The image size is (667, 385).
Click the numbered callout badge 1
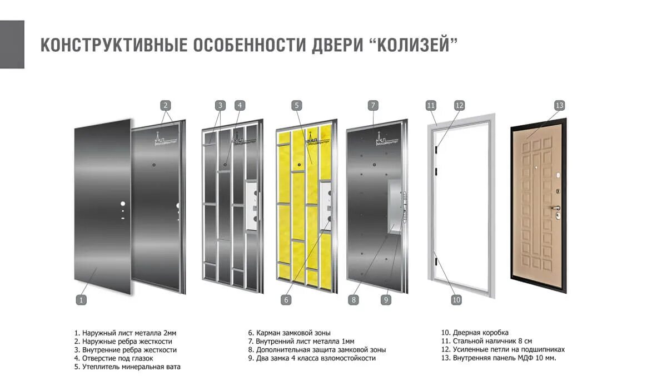[x=81, y=300]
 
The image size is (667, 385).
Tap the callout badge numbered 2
[x=166, y=105]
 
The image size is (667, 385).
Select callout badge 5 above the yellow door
[x=297, y=105]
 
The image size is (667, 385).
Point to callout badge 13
[x=559, y=105]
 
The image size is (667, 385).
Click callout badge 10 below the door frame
[x=456, y=300]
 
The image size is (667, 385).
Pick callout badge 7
[x=373, y=105]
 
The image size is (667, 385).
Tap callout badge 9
[x=386, y=300]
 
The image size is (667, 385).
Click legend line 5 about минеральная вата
[x=127, y=367]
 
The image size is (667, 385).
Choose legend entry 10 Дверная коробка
[x=475, y=333]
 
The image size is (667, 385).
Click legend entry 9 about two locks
[x=312, y=358]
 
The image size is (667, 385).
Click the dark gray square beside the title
[x=12, y=45]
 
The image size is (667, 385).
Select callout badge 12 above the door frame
[x=459, y=105]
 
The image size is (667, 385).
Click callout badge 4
[x=240, y=105]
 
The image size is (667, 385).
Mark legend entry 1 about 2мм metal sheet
[x=125, y=333]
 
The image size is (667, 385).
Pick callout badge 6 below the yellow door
[x=286, y=300]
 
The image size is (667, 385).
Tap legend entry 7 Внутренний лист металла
[x=301, y=341]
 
